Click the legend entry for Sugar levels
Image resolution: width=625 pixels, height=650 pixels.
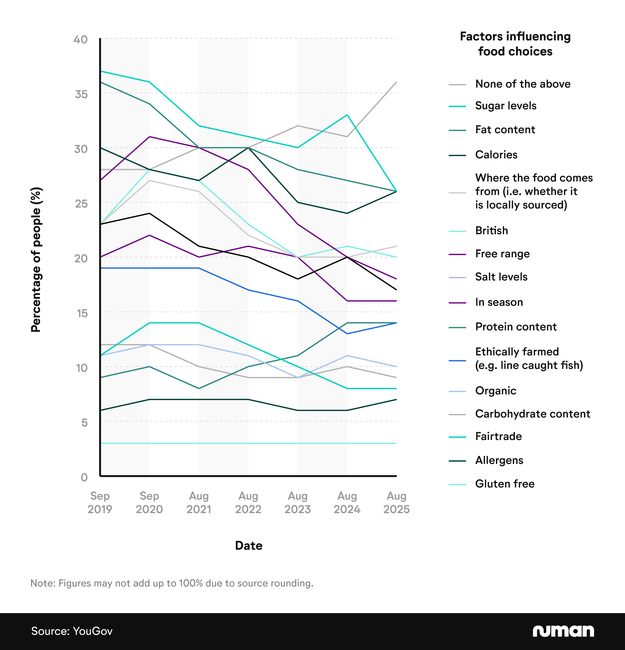(505, 106)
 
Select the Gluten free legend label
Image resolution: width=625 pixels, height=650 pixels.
(504, 484)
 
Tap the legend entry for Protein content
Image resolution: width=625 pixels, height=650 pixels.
(516, 327)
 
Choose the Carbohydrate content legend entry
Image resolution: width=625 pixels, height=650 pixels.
(532, 414)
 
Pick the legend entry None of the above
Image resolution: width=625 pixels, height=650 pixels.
(522, 84)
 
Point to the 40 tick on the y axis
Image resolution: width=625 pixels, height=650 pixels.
(81, 39)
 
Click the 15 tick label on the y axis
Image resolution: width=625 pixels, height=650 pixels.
(82, 313)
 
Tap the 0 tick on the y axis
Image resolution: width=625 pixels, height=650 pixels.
(84, 477)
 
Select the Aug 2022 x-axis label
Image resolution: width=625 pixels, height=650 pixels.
(248, 502)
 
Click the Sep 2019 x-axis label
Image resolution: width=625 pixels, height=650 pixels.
(100, 502)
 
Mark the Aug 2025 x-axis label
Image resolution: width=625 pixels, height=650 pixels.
(396, 502)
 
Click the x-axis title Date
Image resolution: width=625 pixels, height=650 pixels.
(248, 546)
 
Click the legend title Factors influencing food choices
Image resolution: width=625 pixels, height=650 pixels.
(515, 44)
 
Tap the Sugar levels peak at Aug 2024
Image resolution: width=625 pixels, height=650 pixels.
(347, 115)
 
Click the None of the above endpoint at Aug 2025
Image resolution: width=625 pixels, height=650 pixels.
(396, 82)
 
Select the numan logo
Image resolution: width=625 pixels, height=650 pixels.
(563, 631)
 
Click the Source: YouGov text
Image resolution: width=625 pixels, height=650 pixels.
(72, 631)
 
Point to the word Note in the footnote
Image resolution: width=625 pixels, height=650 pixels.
(42, 583)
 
